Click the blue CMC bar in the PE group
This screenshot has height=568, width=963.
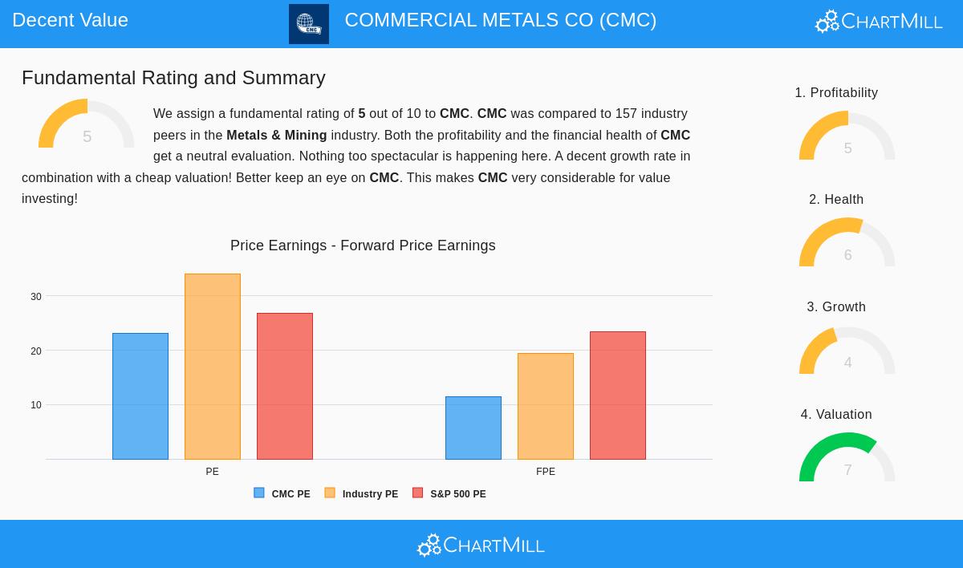click(x=140, y=396)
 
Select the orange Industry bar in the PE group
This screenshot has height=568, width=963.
click(x=213, y=367)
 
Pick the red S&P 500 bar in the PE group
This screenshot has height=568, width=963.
click(x=285, y=386)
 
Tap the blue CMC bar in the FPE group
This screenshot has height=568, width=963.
click(x=473, y=428)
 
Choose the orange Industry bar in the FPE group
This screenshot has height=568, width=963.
click(x=546, y=406)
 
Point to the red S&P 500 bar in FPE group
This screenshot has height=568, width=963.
click(x=618, y=396)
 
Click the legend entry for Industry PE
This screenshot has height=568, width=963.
click(x=362, y=494)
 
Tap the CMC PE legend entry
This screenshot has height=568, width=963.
click(x=282, y=494)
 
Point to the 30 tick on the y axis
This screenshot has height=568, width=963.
click(x=36, y=297)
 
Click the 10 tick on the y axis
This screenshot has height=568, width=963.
click(x=36, y=405)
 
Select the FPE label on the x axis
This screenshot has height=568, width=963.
click(x=546, y=472)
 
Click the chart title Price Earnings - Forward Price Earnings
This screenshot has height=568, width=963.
click(x=363, y=245)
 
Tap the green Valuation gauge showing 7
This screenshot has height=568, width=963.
click(x=847, y=459)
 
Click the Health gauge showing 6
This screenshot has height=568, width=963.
click(x=847, y=244)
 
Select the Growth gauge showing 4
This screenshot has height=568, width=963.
click(x=847, y=352)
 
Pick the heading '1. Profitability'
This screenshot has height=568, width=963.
click(x=836, y=93)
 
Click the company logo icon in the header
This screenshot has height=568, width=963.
click(x=309, y=24)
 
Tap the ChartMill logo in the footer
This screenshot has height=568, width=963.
click(x=481, y=546)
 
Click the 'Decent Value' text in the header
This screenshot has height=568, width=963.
click(x=71, y=20)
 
